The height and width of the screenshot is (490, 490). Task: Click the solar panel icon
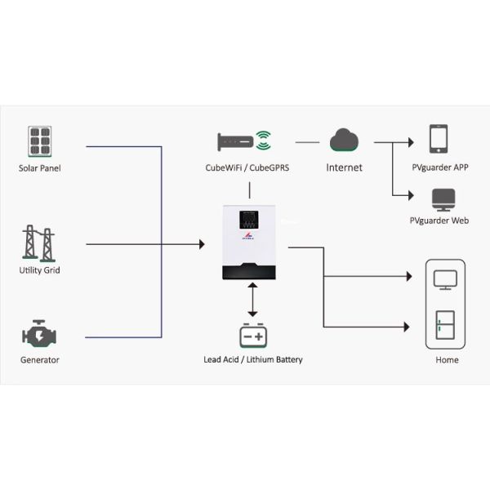[x=39, y=140]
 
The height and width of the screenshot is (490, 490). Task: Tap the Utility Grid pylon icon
[x=39, y=243]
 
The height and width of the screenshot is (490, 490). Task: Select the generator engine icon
[x=39, y=336]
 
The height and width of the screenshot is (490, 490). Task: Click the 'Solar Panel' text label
[x=39, y=168]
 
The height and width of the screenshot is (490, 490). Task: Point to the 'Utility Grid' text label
[x=39, y=270]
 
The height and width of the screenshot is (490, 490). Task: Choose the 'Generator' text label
[x=39, y=360]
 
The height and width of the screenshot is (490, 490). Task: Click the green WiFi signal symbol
[x=262, y=140]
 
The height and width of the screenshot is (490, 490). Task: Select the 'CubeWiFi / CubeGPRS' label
[x=248, y=167]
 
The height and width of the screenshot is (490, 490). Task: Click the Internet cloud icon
[x=344, y=140]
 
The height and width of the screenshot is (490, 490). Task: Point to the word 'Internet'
[x=344, y=167]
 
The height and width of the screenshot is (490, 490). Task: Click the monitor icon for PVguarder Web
[x=442, y=198]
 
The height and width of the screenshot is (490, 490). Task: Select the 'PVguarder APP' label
[x=440, y=167]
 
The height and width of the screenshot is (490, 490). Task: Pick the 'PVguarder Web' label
[x=439, y=221]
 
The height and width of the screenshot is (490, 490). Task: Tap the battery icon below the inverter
[x=252, y=336]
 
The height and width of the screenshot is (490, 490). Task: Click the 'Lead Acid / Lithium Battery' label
[x=252, y=359]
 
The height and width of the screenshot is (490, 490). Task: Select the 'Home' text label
[x=447, y=359]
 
